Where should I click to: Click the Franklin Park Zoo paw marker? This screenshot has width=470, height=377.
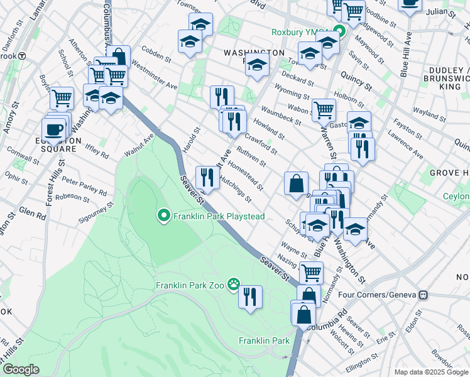tap(234, 285)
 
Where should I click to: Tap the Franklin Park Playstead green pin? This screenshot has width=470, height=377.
tap(164, 217)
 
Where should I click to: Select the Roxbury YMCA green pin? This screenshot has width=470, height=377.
tap(340, 33)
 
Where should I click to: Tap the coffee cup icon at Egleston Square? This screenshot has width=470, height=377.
tap(55, 129)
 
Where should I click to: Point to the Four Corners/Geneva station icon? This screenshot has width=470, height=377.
tap(424, 294)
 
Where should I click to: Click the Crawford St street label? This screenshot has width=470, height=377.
tap(261, 143)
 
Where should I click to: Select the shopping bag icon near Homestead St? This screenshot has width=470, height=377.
tap(296, 183)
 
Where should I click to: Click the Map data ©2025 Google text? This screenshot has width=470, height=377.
tap(430, 371)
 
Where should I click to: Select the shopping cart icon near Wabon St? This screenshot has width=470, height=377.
tap(324, 109)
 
